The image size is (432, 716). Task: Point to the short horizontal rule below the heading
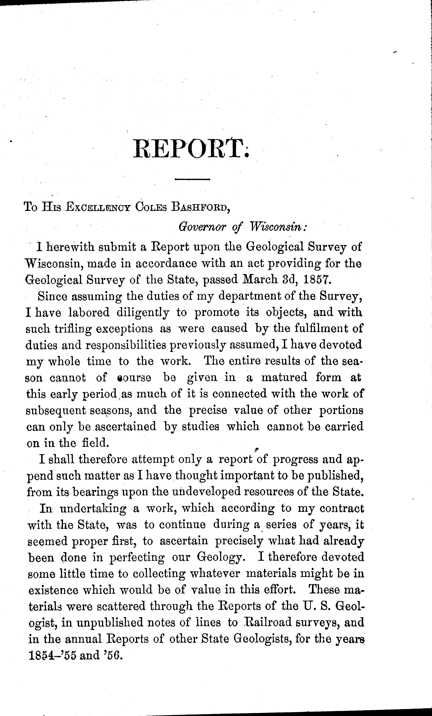click(x=192, y=179)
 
